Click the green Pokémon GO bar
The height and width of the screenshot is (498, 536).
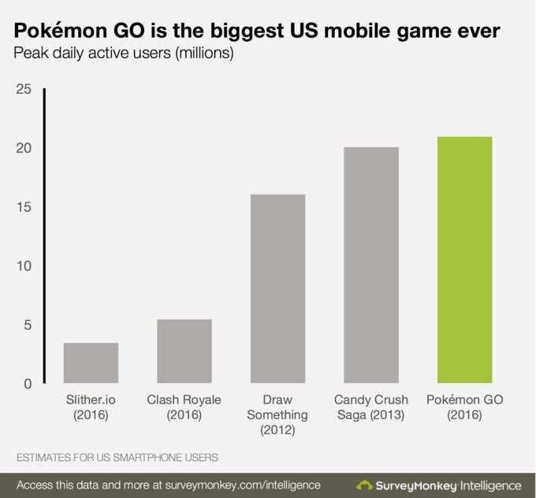(464, 260)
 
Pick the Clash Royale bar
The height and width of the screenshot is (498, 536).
(184, 351)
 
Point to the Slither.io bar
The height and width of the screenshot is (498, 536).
(91, 363)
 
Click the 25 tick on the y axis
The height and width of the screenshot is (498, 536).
(23, 90)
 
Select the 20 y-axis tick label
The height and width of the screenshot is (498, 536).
(23, 148)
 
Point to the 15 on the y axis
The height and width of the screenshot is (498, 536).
(23, 207)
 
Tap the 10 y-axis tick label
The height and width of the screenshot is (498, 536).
(23, 266)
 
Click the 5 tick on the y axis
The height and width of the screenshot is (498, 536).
(26, 325)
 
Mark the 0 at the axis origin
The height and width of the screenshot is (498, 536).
(26, 384)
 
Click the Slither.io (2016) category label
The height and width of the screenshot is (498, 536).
(91, 407)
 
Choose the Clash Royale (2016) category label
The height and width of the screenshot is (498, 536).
(184, 407)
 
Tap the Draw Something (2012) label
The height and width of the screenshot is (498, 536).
(277, 414)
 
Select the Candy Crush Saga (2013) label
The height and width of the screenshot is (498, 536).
(370, 407)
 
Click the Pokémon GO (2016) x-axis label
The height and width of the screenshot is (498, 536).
(464, 407)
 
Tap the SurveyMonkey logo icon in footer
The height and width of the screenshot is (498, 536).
(365, 484)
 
